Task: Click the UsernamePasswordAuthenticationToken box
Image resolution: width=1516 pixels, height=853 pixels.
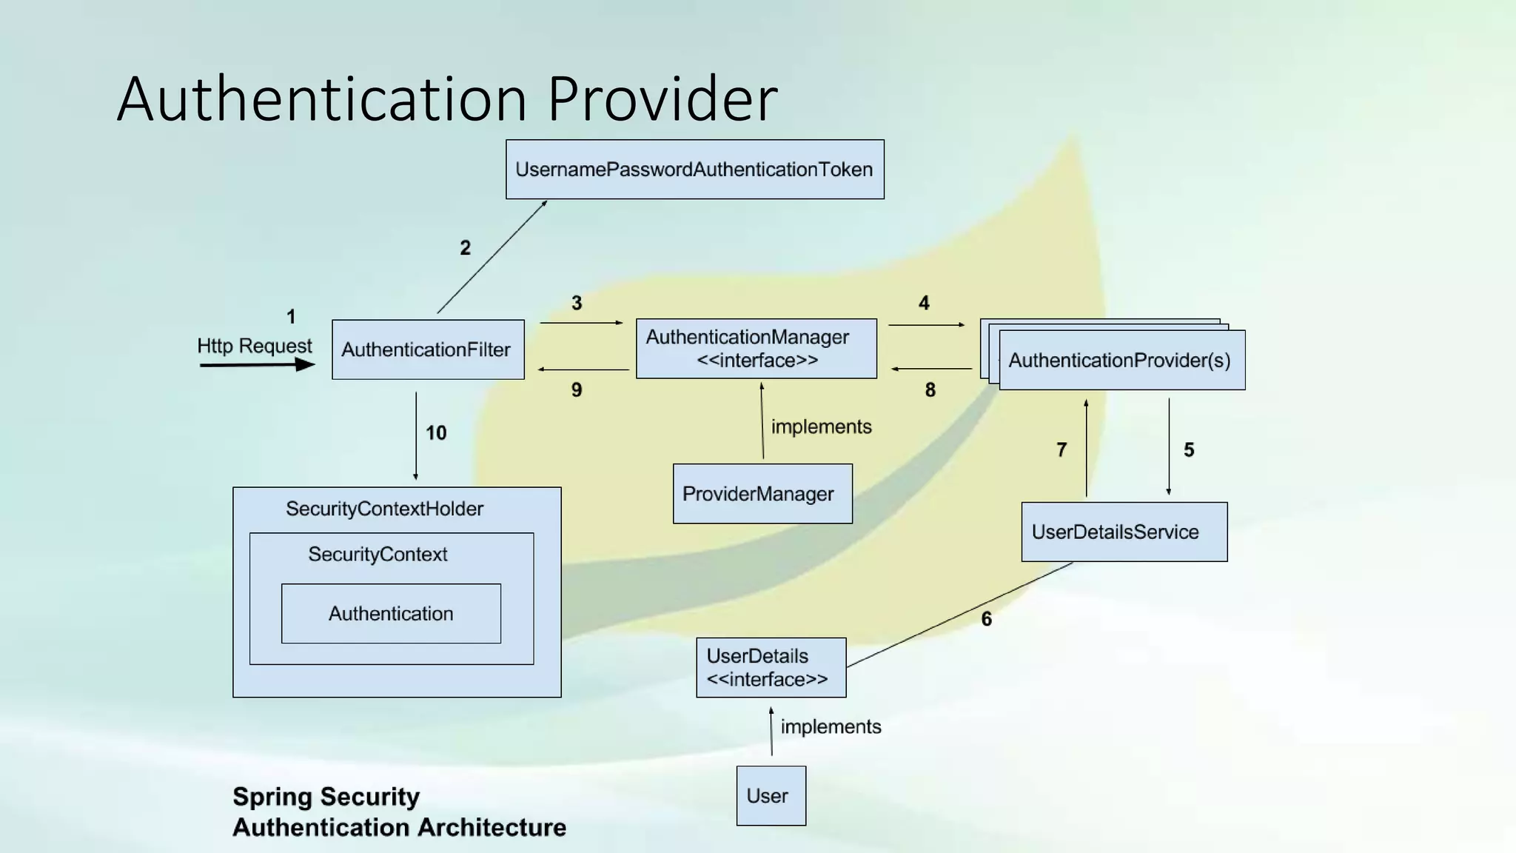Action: [x=694, y=170]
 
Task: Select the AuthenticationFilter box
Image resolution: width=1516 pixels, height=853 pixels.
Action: [x=428, y=349]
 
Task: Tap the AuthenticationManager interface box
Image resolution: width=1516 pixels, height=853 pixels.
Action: [x=756, y=349]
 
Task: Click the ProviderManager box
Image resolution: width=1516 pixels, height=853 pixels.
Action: [x=762, y=494]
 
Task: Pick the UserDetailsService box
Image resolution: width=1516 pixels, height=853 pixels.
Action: [x=1124, y=532]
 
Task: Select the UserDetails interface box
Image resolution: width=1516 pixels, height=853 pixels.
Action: [x=771, y=667]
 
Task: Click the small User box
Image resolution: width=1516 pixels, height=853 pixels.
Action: [x=771, y=796]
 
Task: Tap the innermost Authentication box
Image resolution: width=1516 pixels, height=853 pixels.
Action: [x=391, y=614]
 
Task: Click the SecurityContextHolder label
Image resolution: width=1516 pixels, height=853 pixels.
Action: [x=384, y=509]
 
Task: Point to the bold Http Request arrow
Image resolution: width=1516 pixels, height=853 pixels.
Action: [x=257, y=364]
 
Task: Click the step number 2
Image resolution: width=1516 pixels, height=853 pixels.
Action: [x=465, y=248]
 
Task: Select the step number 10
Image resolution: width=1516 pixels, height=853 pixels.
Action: [x=436, y=433]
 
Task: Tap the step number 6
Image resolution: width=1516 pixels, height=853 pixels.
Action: [x=986, y=619]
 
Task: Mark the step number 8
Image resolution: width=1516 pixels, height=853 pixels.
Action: [x=930, y=390]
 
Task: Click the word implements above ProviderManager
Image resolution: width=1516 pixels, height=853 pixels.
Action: [x=821, y=426]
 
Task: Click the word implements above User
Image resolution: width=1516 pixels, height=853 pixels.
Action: [x=831, y=726]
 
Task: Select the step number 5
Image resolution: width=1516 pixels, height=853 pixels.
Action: [x=1188, y=450]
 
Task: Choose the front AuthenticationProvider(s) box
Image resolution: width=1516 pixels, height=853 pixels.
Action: [x=1121, y=361]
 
